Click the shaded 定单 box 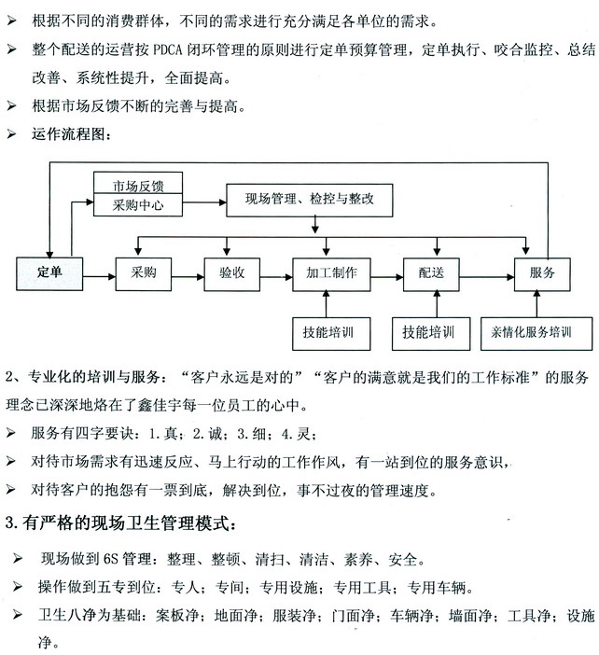49,273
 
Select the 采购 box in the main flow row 144,274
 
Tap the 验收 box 231,274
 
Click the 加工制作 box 331,274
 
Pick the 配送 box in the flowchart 431,274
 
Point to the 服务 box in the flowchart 542,274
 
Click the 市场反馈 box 138,183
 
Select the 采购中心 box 138,204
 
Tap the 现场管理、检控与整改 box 310,200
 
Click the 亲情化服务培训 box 536,333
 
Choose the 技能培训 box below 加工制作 331,333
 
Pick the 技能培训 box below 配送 431,333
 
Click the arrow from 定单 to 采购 99,276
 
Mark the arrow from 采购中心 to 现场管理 204,203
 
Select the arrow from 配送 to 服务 487,277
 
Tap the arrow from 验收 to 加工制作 276,277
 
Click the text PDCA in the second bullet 168,50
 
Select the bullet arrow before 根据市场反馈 12,105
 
